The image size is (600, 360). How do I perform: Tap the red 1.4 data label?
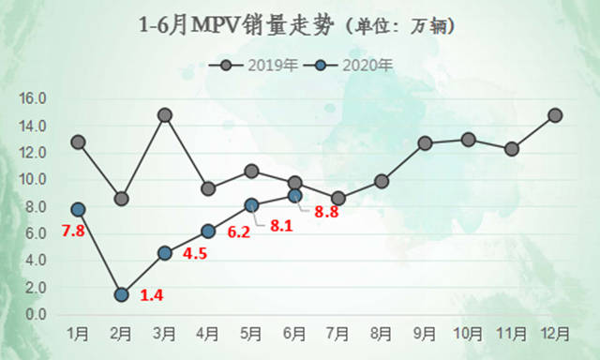152,296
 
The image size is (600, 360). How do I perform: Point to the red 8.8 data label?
326,212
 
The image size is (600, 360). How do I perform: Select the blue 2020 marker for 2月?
121,294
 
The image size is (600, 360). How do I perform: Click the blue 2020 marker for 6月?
294,196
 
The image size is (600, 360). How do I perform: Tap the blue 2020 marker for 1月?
78,210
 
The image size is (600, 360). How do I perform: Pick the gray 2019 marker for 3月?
165,115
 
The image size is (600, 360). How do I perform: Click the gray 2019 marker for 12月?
555,115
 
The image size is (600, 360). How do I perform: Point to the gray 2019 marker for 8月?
382,181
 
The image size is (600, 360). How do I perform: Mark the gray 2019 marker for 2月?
121,199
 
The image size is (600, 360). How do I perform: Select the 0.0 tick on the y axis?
36,315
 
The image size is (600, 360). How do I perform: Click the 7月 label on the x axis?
337,334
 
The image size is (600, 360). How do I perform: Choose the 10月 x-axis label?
468,334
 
